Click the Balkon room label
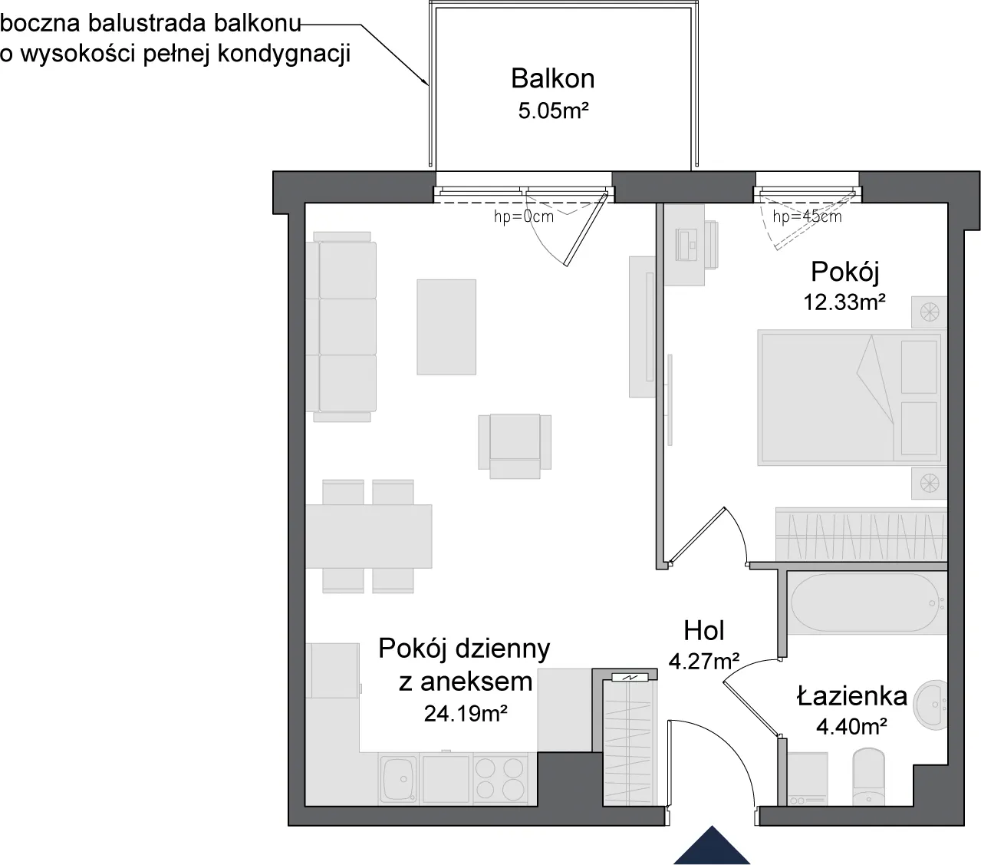pos(552,78)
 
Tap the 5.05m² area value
pos(553,111)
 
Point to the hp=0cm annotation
pos(523,216)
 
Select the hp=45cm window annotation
pos(807,216)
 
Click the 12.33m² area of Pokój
pos(844,302)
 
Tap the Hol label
pos(704,630)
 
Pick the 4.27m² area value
pos(704,661)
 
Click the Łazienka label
pos(851,696)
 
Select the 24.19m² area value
pos(466,713)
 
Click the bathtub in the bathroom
pos(867,603)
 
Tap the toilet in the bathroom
pos(869,777)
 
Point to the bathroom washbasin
pos(930,705)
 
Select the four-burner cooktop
pos(499,779)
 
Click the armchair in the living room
pos(515,446)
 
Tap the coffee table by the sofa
pos(446,327)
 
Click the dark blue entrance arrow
pos(712,846)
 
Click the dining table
pos(368,536)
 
